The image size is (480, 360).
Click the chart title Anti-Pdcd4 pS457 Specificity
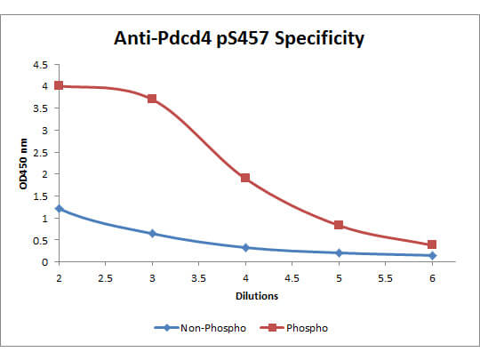pyautogui.click(x=239, y=39)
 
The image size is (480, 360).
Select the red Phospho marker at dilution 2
pyautogui.click(x=59, y=85)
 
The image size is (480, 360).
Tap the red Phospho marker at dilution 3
pyautogui.click(x=152, y=99)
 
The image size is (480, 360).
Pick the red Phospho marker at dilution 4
pyautogui.click(x=245, y=178)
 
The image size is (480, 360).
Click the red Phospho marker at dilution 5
pyautogui.click(x=339, y=225)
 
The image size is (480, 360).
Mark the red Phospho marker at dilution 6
pyautogui.click(x=432, y=244)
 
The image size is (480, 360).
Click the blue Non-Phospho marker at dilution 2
pyautogui.click(x=59, y=209)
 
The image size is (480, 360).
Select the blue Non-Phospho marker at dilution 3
pyautogui.click(x=152, y=234)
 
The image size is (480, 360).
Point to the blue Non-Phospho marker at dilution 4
pyautogui.click(x=245, y=247)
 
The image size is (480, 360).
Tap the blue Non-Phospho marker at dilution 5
pyautogui.click(x=339, y=253)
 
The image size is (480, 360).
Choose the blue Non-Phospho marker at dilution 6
pyautogui.click(x=432, y=256)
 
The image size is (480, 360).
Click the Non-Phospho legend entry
pyautogui.click(x=196, y=327)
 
